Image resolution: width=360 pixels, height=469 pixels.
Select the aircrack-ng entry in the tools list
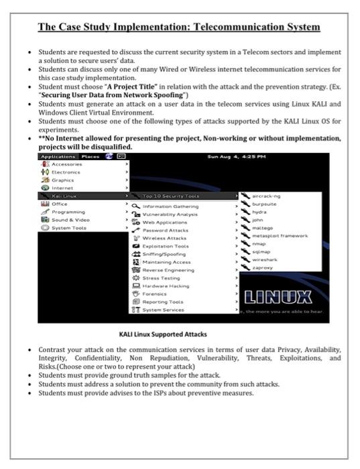click(x=267, y=196)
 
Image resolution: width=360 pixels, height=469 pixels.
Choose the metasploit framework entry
click(x=279, y=235)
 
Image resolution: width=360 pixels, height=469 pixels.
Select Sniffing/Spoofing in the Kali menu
click(x=164, y=254)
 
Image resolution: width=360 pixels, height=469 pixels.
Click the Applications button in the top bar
click(x=58, y=156)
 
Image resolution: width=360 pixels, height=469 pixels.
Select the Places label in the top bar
click(x=90, y=156)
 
